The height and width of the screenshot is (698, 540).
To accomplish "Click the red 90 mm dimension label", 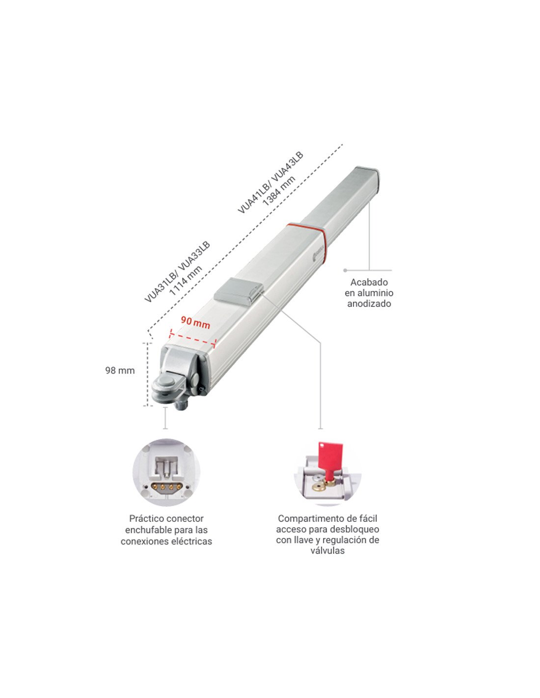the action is (195, 322).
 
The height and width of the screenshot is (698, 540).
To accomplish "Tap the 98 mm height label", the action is (120, 371).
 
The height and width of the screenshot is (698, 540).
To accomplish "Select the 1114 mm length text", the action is (186, 280).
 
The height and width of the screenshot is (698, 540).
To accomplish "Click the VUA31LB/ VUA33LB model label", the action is (177, 272).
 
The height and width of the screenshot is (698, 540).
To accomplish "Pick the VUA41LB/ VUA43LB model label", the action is (270, 183).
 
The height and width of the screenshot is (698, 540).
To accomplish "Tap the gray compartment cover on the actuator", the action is (238, 292).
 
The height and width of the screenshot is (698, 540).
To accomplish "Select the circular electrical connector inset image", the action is (166, 473).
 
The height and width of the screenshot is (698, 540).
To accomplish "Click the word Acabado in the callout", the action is (369, 282).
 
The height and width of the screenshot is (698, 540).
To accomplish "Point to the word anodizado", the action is (369, 303).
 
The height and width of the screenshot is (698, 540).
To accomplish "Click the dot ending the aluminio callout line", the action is (345, 270).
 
